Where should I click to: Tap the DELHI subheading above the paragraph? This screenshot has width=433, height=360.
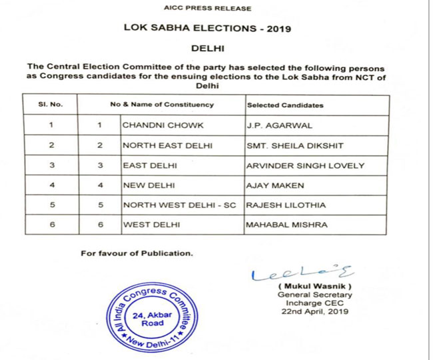click(208, 49)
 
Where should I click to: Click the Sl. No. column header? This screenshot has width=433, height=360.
click(51, 105)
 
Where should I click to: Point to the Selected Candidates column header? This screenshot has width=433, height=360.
click(285, 105)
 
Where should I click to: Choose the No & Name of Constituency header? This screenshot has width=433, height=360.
click(162, 105)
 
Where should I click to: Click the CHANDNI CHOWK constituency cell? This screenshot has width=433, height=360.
click(155, 125)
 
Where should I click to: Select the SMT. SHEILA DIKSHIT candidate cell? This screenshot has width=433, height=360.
click(288, 145)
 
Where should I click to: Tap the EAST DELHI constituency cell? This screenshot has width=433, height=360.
click(145, 165)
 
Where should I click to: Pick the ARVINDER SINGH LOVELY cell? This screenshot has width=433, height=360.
click(296, 165)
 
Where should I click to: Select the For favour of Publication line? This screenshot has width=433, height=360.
click(136, 253)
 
